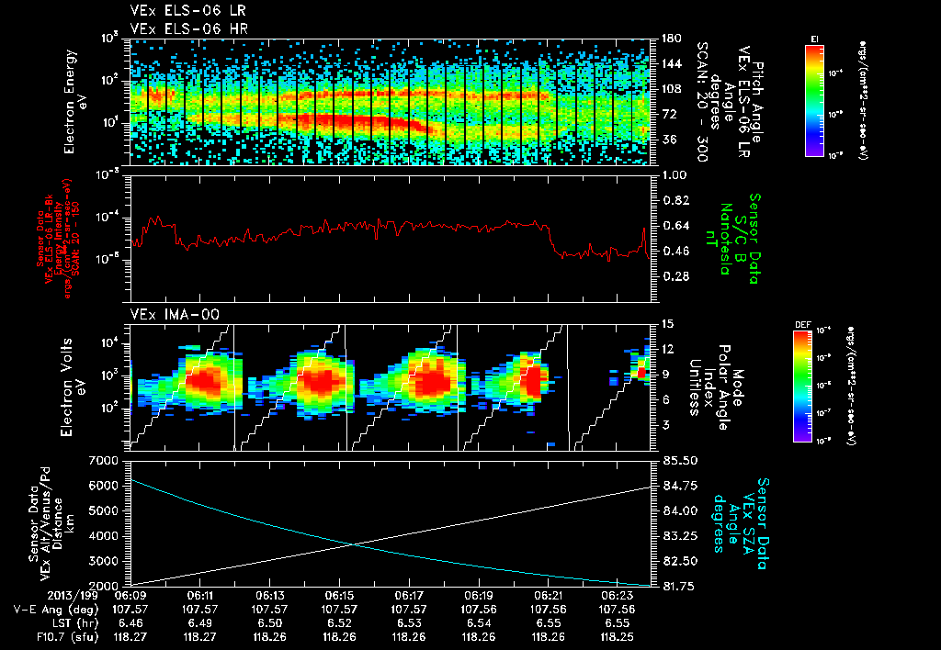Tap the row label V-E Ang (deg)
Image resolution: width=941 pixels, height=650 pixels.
coord(55,609)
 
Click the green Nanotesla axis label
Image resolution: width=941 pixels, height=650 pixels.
coord(737,239)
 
